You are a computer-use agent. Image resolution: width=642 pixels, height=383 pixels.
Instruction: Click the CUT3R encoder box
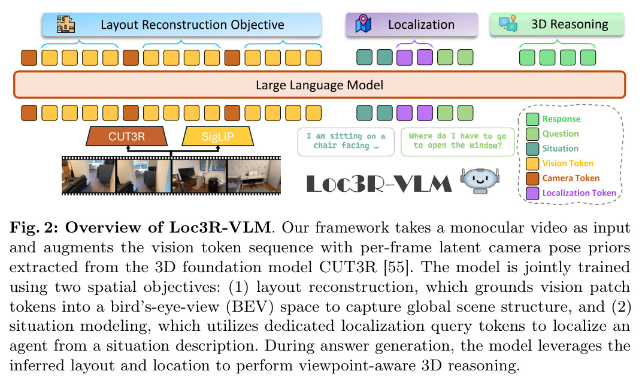click(126, 136)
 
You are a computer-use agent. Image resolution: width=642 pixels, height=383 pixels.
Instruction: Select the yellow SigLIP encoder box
click(217, 136)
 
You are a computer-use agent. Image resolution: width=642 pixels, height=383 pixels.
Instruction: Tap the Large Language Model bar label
click(319, 85)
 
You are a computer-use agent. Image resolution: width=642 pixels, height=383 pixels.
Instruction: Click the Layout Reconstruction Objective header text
click(192, 25)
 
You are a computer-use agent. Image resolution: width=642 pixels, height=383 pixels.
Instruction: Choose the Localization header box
click(412, 25)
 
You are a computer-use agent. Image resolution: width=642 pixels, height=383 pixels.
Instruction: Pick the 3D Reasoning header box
click(557, 24)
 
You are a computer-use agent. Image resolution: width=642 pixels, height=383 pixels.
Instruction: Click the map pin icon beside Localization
click(363, 24)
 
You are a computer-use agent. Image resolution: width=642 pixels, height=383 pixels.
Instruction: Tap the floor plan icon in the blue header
click(65, 24)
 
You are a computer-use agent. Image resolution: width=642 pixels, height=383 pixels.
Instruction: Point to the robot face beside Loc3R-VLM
click(480, 180)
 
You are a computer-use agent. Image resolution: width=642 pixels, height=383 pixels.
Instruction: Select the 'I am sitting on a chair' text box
click(346, 141)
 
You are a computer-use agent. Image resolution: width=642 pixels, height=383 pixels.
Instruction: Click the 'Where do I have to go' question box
click(458, 141)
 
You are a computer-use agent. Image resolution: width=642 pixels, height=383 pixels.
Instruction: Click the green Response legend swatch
click(532, 119)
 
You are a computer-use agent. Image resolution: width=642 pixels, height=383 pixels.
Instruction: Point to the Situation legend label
click(560, 149)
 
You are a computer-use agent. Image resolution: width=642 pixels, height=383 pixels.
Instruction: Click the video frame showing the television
click(199, 176)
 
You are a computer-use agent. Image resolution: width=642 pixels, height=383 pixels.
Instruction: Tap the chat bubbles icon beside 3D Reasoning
click(508, 24)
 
